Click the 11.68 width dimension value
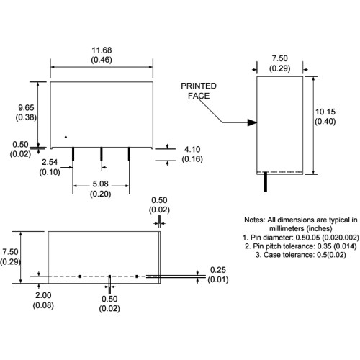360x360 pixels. click(102, 50)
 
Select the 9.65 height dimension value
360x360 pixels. click(26, 107)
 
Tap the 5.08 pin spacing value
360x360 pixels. click(100, 184)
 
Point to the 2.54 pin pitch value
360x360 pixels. click(50, 162)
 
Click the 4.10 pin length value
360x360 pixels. click(192, 149)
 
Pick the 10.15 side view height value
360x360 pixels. click(325, 112)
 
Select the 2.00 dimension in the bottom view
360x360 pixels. click(43, 295)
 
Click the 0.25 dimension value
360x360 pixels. click(218, 270)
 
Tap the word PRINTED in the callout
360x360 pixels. click(199, 86)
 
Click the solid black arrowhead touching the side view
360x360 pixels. click(252, 122)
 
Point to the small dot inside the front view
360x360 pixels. click(66, 137)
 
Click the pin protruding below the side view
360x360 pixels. click(266, 182)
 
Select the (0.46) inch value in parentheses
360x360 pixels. click(102, 60)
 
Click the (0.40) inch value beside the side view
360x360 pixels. click(325, 122)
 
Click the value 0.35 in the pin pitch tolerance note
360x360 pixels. click(325, 246)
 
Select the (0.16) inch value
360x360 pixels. click(192, 159)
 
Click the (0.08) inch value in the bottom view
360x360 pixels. click(43, 305)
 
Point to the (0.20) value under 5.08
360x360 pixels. click(100, 194)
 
